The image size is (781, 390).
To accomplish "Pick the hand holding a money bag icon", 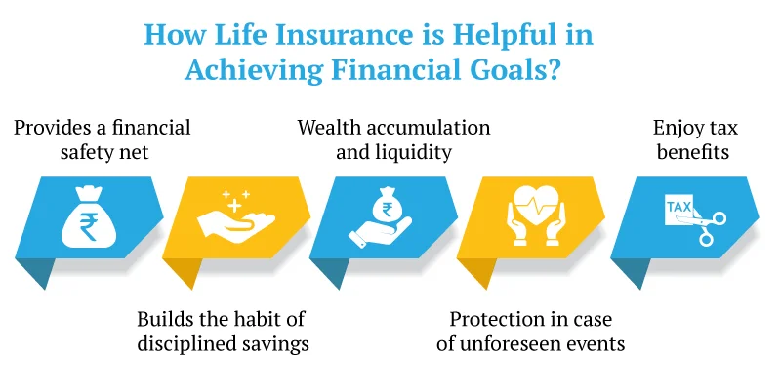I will (x=382, y=216).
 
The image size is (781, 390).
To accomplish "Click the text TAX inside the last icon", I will (x=677, y=208).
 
